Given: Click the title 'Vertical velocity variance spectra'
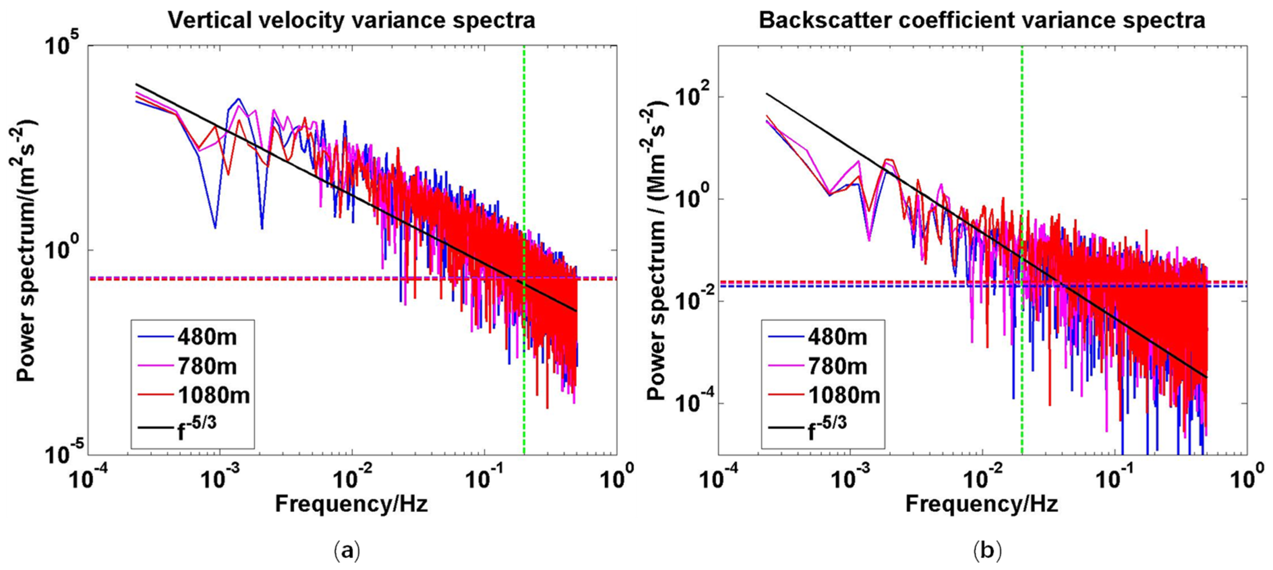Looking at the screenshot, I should pos(351,21).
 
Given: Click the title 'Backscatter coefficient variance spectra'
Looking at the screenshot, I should pos(981,21).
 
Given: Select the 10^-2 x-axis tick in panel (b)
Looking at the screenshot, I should pos(982,480).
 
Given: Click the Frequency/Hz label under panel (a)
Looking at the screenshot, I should pos(351,504).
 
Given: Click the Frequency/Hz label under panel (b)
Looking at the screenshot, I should pos(981,504).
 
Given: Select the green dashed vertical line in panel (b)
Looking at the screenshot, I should pos(1022,148).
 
